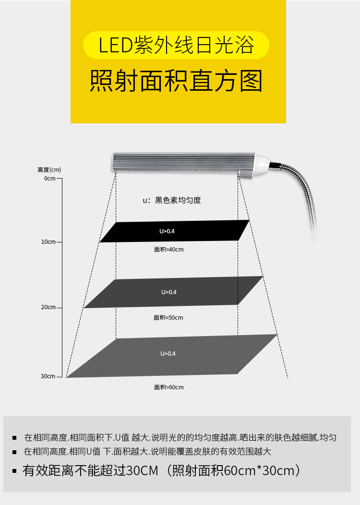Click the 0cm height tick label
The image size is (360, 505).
50,179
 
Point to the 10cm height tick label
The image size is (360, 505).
48,242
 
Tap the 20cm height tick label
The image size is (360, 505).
48,307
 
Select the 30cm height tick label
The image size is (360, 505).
48,376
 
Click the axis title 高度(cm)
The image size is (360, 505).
49,170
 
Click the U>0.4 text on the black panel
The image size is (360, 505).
167,231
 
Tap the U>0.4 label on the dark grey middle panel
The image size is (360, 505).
168,292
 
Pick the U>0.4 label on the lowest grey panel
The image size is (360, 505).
168,354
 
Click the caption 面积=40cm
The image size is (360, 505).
168,250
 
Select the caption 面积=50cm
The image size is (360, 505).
168,318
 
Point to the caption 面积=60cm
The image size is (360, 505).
168,387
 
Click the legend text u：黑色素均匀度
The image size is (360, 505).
171,200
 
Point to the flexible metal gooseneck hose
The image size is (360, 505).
307,202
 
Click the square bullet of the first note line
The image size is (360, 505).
15,438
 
